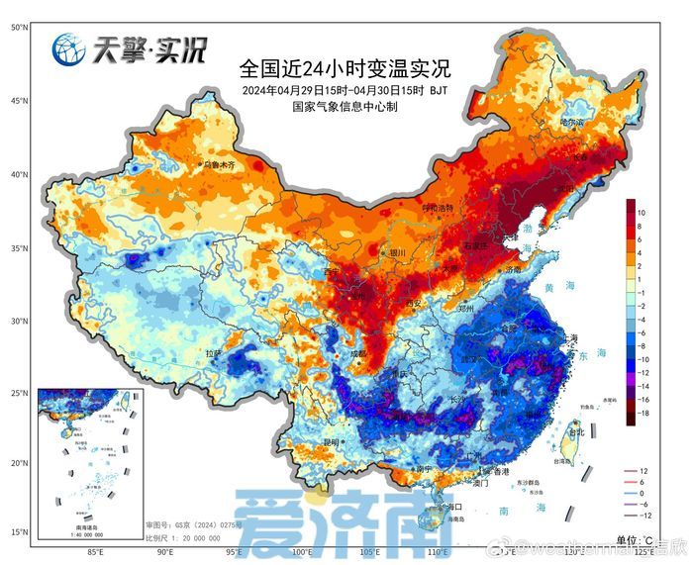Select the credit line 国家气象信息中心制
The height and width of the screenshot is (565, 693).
(x=344, y=108)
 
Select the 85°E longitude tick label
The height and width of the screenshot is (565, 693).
(x=96, y=552)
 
